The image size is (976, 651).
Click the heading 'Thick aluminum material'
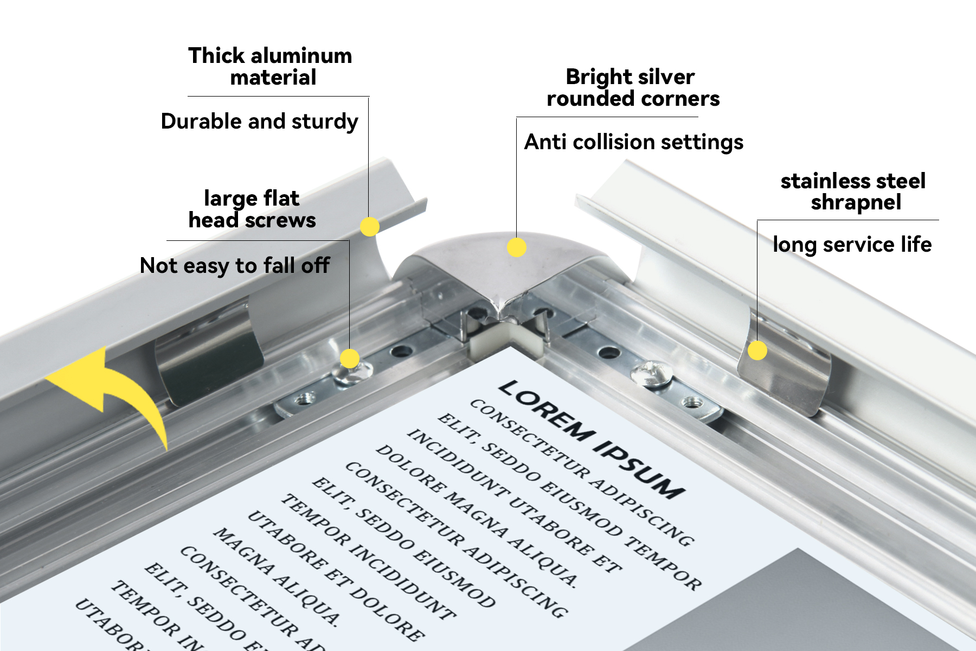270,67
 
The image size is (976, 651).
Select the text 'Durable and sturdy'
259,122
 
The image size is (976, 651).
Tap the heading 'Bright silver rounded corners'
632,88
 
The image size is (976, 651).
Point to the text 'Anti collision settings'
633,142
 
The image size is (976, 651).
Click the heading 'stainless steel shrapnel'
853,192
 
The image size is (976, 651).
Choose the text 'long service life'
852,245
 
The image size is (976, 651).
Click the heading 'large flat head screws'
252,209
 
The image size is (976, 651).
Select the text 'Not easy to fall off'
234,266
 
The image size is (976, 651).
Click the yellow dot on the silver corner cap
517,247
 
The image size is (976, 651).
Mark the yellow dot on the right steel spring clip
757,350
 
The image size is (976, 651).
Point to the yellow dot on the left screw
350,359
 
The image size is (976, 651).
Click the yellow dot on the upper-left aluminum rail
369,226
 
